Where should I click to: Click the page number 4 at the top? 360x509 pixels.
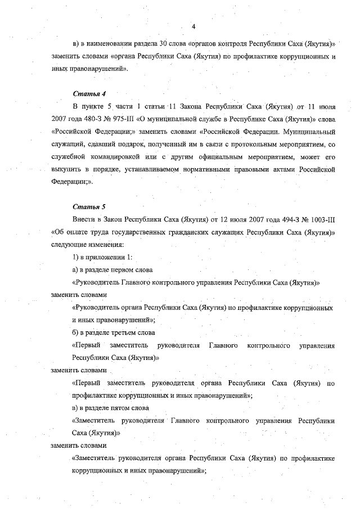click(x=193, y=26)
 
